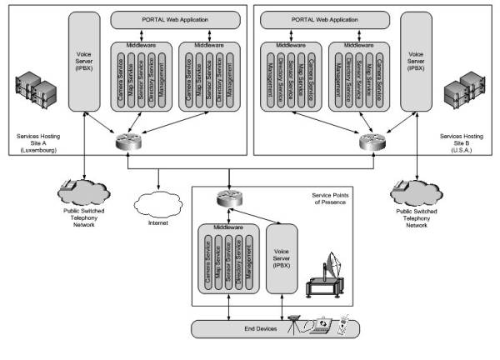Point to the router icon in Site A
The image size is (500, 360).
(x=128, y=142)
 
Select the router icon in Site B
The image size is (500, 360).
(x=369, y=142)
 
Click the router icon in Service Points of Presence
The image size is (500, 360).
(x=223, y=199)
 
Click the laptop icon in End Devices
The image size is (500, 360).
(x=320, y=327)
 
